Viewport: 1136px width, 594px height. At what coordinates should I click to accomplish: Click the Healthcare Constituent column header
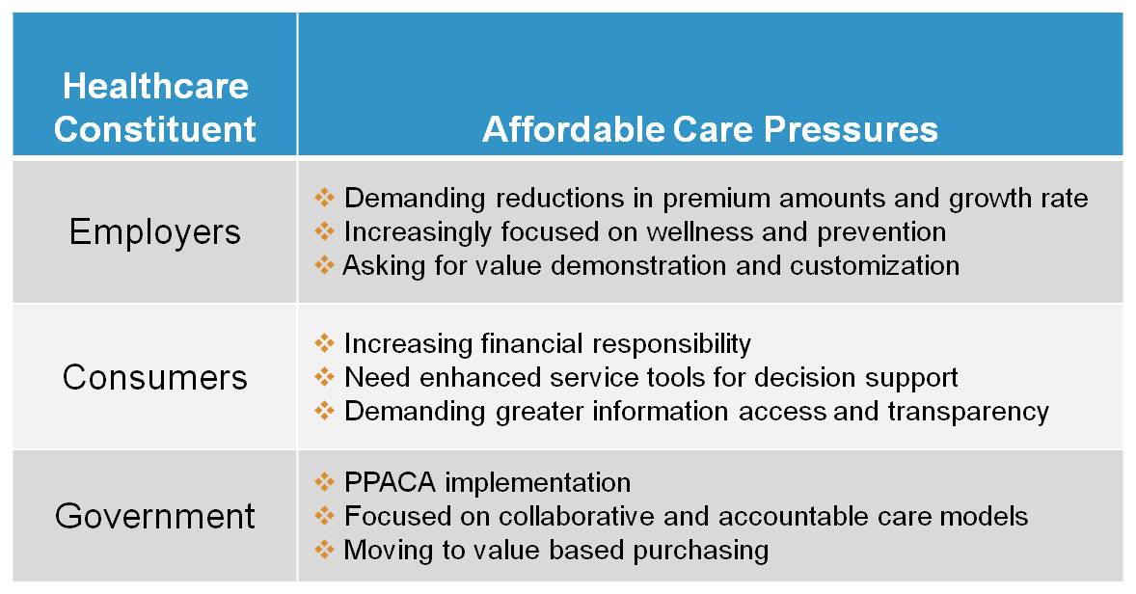click(155, 107)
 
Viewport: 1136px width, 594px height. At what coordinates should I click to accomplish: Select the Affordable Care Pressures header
click(710, 129)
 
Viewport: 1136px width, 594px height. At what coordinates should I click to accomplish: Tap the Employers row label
click(155, 232)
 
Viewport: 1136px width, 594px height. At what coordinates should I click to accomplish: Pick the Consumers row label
click(155, 377)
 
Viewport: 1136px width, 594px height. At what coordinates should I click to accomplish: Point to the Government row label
click(155, 516)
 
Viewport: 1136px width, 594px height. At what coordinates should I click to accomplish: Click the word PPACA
click(390, 482)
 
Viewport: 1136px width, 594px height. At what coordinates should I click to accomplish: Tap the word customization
click(875, 265)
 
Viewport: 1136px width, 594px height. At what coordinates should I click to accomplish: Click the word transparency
click(968, 412)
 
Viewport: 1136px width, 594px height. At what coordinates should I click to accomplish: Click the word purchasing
click(700, 551)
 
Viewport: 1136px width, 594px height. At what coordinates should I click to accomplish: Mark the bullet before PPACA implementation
click(324, 481)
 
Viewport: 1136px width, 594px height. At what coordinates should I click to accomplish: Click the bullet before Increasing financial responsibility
click(324, 342)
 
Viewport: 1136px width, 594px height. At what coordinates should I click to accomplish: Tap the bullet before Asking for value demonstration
click(324, 265)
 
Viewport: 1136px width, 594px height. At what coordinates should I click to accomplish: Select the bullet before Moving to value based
click(324, 549)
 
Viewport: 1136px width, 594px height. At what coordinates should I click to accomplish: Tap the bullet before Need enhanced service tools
click(324, 376)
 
